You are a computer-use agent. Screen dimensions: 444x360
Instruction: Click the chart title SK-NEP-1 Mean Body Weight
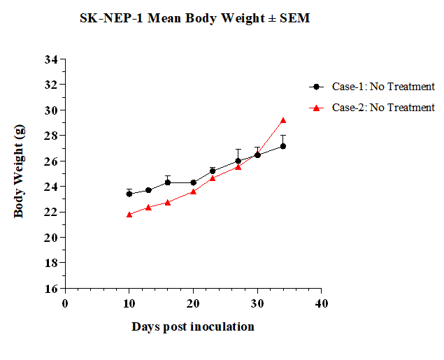[x=194, y=18]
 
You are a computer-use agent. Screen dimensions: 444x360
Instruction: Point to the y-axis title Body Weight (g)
[x=20, y=171]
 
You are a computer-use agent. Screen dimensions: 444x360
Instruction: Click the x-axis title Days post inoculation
[x=193, y=327]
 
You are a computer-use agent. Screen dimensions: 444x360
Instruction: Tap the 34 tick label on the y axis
[x=51, y=59]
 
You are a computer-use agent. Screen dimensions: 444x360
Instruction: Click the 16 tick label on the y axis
[x=51, y=289]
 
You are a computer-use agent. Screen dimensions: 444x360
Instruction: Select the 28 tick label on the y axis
[x=51, y=136]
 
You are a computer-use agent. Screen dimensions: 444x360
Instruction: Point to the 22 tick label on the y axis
[x=51, y=212]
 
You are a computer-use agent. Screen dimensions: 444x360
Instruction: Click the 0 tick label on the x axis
[x=65, y=303]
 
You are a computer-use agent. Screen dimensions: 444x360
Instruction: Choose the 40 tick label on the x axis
[x=321, y=303]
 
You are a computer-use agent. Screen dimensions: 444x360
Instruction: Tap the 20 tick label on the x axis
[x=193, y=303]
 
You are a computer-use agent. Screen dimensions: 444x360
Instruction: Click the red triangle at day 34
[x=283, y=120]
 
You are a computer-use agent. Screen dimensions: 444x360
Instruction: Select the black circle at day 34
[x=283, y=146]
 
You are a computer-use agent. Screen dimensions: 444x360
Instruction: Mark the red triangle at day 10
[x=129, y=215]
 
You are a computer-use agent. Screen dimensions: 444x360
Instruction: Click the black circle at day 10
[x=129, y=194]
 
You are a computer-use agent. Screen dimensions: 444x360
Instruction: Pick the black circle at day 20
[x=194, y=182]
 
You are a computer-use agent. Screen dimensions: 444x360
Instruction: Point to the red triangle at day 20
[x=194, y=192]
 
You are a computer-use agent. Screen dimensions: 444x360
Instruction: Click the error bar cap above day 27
[x=238, y=149]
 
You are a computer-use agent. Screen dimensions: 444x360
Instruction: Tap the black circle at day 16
[x=168, y=182]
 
